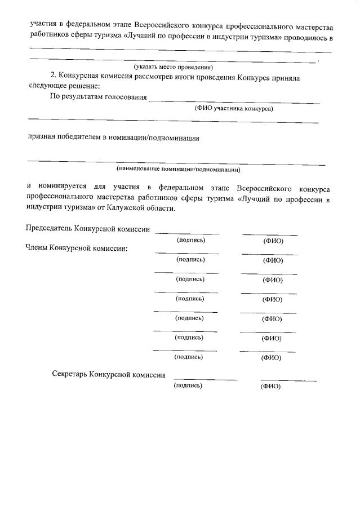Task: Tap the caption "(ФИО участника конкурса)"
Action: coord(234,109)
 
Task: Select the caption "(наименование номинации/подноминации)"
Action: coord(179,169)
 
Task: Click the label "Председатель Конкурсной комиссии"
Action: coord(88,229)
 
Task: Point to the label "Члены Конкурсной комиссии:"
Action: coord(77,247)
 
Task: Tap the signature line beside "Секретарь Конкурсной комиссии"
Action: coord(205,380)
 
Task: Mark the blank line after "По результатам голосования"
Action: coord(233,103)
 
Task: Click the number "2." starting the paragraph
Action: coord(54,77)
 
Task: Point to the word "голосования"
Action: coord(124,97)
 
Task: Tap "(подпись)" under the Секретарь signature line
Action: coord(188,385)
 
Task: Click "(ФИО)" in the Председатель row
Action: coord(273,241)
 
